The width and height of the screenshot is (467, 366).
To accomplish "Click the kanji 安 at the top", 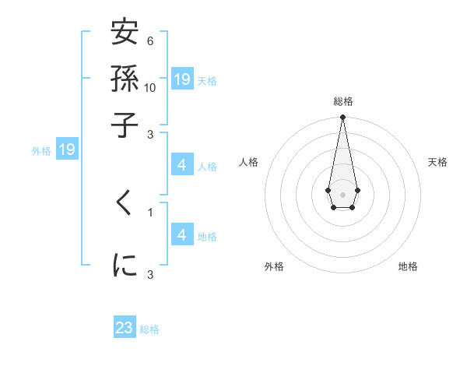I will point(125,35).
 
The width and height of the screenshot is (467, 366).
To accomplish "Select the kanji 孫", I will point(125,79).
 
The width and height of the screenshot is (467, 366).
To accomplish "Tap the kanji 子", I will point(125,124).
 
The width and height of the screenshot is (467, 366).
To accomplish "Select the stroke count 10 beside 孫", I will point(150,87).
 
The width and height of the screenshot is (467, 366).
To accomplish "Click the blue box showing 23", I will point(125,328).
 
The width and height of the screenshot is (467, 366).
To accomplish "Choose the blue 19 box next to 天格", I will point(182,79).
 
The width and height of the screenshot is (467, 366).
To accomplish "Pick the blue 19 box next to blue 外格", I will point(67,150).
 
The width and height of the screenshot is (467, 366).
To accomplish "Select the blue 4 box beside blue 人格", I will point(181,165).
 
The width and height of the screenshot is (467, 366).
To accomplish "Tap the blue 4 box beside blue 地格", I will point(181,234).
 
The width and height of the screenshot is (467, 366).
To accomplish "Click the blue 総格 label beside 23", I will point(149,329).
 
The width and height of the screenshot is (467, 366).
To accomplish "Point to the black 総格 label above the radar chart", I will point(342,101).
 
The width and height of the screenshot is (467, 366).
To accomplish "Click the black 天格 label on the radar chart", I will point(437,162).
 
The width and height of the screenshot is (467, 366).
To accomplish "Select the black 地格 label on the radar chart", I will point(408,267).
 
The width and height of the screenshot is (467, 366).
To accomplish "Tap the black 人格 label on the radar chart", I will point(248,162).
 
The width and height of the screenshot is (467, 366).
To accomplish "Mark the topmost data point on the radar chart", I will point(342,118).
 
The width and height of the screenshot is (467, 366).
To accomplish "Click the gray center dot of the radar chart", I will point(342,193).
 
